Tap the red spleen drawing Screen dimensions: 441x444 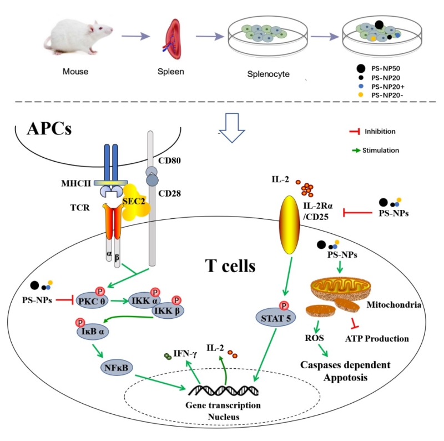pos(173,38)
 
